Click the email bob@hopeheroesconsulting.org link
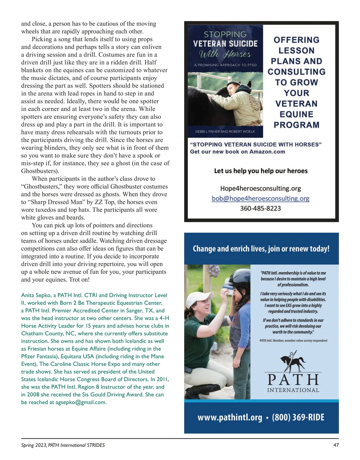[260, 198]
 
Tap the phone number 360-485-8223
[260, 208]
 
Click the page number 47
[336, 445]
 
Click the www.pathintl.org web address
[230, 417]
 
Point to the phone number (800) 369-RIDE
[298, 417]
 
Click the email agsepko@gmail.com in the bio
[81, 402]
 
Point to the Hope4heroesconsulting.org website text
[260, 188]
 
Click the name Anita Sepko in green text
[36, 295]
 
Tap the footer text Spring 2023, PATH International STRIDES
[63, 445]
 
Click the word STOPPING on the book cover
[225, 34]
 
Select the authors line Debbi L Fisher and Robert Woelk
[225, 132]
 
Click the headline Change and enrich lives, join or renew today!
[261, 249]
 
